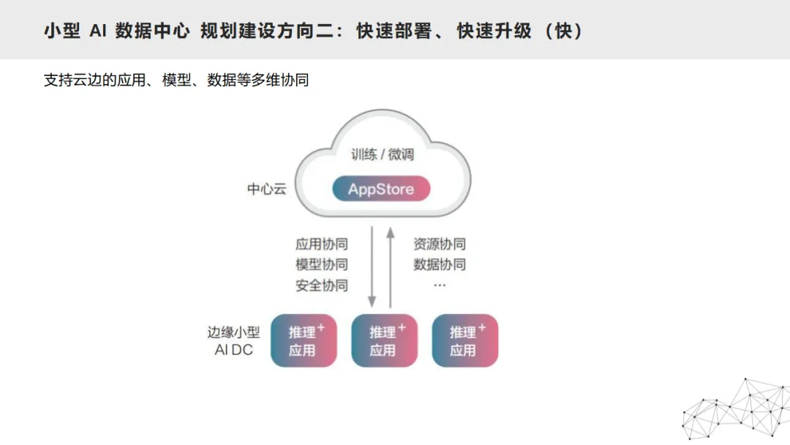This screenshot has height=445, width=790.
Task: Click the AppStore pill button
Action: [x=381, y=189]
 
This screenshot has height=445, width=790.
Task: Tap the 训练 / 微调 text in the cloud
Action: [x=383, y=154]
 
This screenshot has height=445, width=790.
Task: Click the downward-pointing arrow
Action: [x=372, y=267]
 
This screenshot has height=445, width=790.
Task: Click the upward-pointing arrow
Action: [x=391, y=267]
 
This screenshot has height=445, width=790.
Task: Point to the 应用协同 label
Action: [x=322, y=244]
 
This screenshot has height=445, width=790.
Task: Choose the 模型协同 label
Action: [x=322, y=264]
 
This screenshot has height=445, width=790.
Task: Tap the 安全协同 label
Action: [x=322, y=285]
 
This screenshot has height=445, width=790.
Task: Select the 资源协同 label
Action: [x=440, y=244]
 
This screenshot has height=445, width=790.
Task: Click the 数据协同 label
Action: [x=440, y=264]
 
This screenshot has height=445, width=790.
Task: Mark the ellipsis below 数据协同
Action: [x=440, y=284]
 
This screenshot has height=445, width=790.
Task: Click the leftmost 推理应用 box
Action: [x=304, y=340]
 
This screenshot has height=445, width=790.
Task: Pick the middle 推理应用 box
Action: [x=384, y=340]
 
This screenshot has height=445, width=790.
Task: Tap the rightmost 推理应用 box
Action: [x=464, y=340]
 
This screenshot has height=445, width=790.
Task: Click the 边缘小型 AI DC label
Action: [x=233, y=340]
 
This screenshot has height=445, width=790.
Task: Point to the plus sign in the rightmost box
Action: [x=481, y=327]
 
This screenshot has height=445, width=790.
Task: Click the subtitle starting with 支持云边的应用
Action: [x=176, y=80]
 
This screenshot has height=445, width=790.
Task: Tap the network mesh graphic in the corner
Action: [x=735, y=410]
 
